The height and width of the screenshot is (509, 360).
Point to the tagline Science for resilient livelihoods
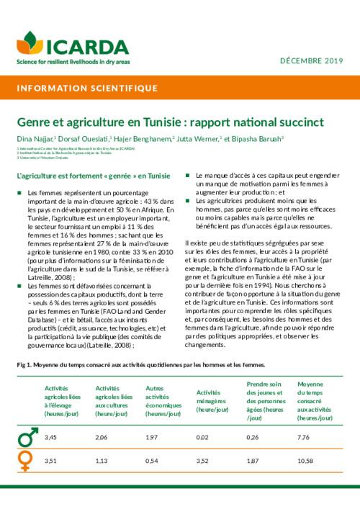point(68,61)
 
